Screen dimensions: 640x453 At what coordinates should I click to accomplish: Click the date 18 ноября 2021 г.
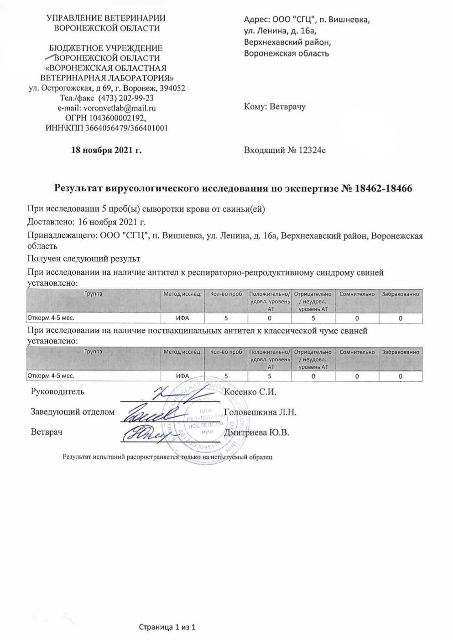click(x=107, y=150)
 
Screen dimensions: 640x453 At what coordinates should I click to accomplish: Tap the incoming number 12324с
click(x=312, y=150)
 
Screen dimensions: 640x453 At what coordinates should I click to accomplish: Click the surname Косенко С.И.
click(x=250, y=391)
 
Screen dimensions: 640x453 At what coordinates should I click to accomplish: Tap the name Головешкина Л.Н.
click(x=260, y=412)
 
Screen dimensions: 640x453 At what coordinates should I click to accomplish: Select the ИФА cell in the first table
click(x=182, y=318)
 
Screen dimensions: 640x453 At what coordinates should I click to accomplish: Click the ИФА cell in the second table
click(x=182, y=376)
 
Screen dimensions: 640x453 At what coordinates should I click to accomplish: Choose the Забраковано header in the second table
click(x=400, y=352)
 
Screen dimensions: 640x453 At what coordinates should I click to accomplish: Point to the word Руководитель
click(x=57, y=391)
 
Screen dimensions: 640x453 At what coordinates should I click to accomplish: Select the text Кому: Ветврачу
click(x=275, y=107)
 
